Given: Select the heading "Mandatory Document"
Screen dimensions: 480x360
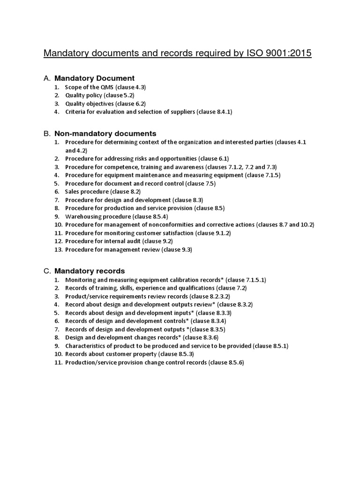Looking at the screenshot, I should pos(94,78).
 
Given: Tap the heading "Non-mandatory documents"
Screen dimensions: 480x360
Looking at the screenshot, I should pos(105,134).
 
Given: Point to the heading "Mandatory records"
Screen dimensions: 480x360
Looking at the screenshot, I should pos(90,271).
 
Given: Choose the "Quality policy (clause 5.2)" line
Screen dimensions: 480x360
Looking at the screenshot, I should pos(100,95).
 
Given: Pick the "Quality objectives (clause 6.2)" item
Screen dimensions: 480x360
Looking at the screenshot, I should pos(105,104).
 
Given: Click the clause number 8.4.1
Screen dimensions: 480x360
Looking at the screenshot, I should pos(224,112).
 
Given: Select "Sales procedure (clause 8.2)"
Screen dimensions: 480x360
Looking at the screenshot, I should pos(103,191).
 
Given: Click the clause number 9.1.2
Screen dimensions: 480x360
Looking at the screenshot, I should pos(221,233).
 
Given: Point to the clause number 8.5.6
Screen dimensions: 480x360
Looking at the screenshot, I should pos(234,363).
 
